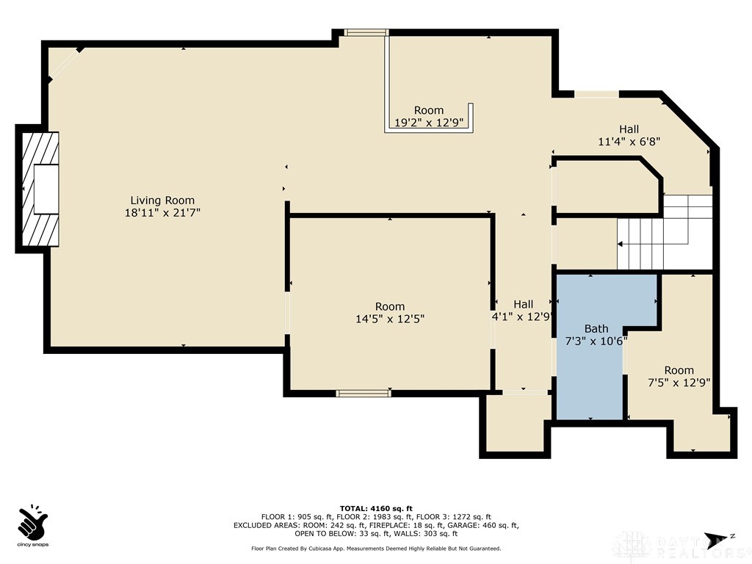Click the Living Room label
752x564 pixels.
162,200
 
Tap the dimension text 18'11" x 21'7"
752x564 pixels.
162,212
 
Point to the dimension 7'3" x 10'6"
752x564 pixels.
596,341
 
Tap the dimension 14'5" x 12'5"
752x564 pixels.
389,319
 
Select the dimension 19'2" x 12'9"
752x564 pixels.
429,123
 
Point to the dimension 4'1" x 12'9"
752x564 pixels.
523,317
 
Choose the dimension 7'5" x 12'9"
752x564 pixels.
679,382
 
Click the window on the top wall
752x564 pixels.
366,32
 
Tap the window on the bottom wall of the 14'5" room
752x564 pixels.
364,394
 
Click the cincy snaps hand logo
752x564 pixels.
33,521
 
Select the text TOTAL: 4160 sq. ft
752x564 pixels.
376,508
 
